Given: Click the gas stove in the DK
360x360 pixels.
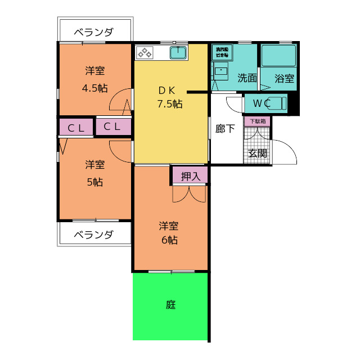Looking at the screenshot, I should pos(145,53).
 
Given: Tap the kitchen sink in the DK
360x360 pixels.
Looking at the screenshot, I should pos(179,53).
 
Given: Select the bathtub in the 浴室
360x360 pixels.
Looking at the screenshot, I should pos(278,57).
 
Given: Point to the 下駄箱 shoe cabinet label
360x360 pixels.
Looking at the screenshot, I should pos(257,121).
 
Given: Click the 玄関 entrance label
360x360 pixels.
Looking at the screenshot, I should pos(258,152).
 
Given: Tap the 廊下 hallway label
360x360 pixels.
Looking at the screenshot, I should pos(225,129).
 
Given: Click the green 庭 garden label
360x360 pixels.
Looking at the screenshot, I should pos(171,305).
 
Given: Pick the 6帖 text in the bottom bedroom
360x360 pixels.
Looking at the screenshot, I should pos(170,240).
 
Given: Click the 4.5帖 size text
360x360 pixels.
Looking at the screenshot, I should pos(94,88).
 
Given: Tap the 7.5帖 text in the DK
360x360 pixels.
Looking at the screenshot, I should pos(169,103).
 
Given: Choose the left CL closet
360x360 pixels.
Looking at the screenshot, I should pos(76,127).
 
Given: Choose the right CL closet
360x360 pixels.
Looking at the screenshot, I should pos(112,127).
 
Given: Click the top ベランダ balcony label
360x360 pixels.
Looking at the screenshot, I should pos(94,32).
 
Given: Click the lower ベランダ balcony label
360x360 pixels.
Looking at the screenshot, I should pos(94,235).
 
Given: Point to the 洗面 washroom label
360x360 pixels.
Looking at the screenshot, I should pos(246,78).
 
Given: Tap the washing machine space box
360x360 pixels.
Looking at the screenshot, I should pos(220,53).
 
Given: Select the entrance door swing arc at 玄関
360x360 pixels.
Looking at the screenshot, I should pos(285,151).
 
